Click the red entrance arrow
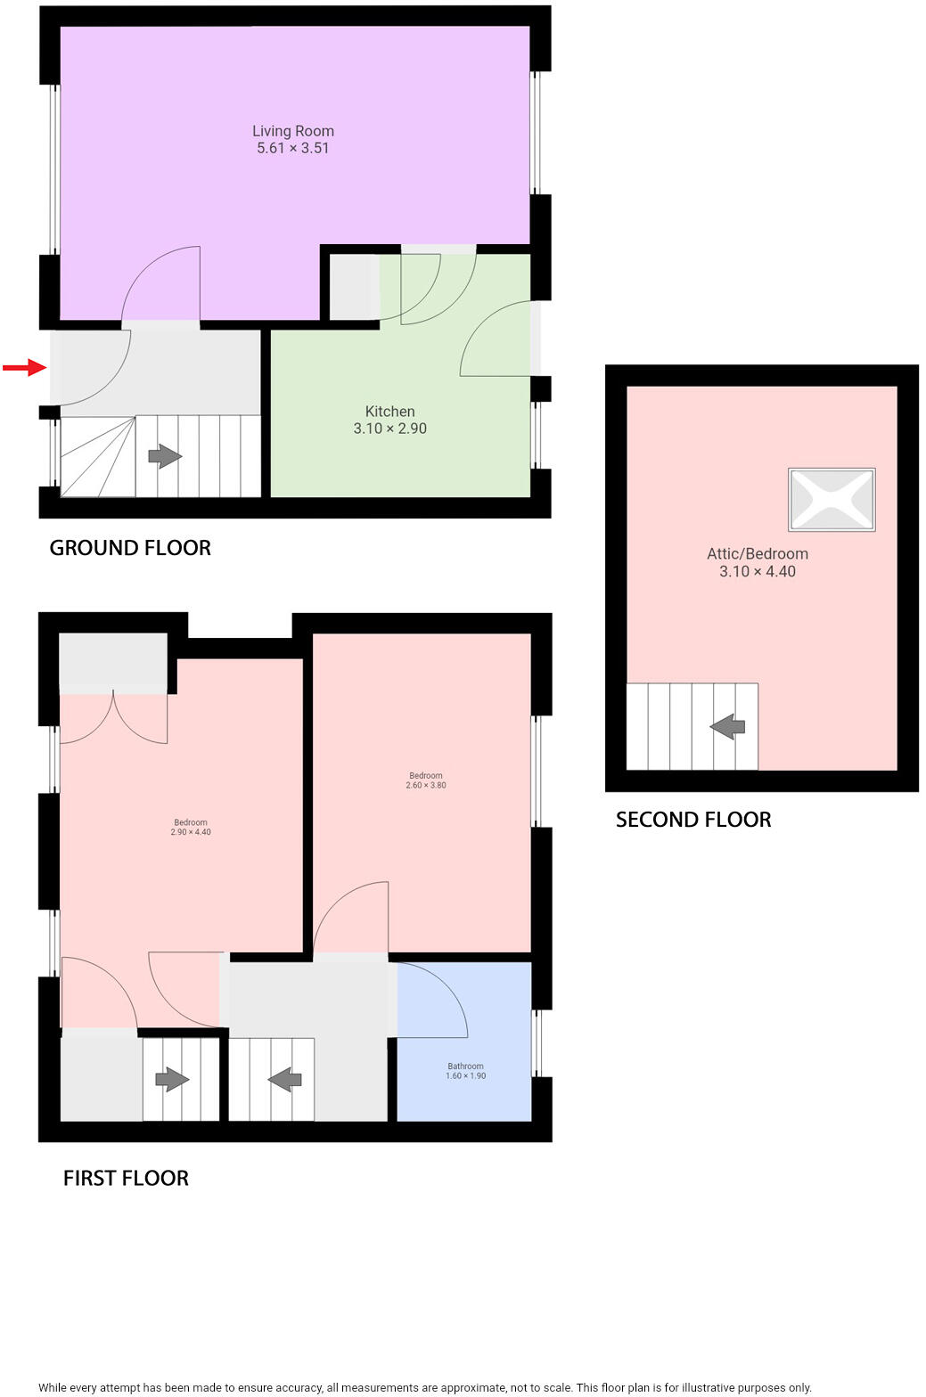pyautogui.click(x=24, y=367)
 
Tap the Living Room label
pyautogui.click(x=292, y=131)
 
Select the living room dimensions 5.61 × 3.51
pyautogui.click(x=292, y=149)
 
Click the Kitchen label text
pyautogui.click(x=389, y=412)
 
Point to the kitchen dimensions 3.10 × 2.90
pyautogui.click(x=389, y=429)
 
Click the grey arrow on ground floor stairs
pyautogui.click(x=165, y=457)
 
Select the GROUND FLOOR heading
pyautogui.click(x=130, y=548)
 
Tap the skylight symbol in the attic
pyautogui.click(x=832, y=500)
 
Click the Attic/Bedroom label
pyautogui.click(x=757, y=554)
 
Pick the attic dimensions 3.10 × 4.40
pyautogui.click(x=757, y=572)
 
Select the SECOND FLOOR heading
pyautogui.click(x=693, y=820)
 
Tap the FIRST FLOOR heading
pyautogui.click(x=126, y=1179)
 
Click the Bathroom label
pyautogui.click(x=465, y=1066)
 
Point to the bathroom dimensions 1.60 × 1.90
pyautogui.click(x=465, y=1076)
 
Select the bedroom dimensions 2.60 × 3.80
pyautogui.click(x=426, y=786)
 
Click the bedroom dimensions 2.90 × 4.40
pyautogui.click(x=191, y=832)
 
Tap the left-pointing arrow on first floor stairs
pyautogui.click(x=285, y=1081)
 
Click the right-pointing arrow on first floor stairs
pyautogui.click(x=172, y=1080)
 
